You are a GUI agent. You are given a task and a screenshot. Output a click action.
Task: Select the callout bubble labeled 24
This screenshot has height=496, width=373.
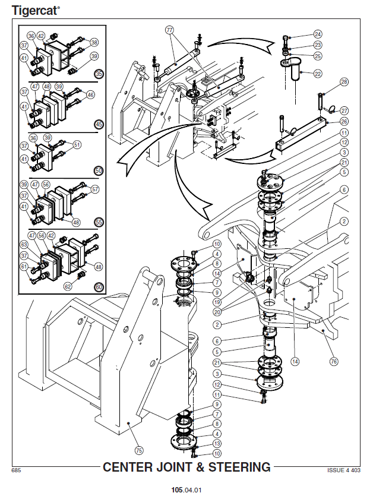pyautogui.click(x=318, y=34)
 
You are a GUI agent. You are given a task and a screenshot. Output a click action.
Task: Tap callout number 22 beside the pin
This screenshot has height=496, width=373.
pyautogui.click(x=318, y=74)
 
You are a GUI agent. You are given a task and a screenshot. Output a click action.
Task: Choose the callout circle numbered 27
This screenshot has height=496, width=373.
pyautogui.click(x=344, y=110)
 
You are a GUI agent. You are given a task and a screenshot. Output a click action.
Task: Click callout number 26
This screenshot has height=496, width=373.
pyautogui.click(x=344, y=122)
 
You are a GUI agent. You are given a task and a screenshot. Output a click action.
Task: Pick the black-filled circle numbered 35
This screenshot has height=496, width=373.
pyautogui.click(x=99, y=74)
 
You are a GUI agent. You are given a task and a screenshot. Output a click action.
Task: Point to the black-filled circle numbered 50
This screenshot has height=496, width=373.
pyautogui.click(x=99, y=170)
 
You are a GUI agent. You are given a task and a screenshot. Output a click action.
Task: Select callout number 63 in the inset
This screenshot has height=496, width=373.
pyautogui.click(x=24, y=244)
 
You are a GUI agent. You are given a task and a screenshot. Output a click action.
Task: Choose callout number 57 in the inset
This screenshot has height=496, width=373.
pyautogui.click(x=96, y=190)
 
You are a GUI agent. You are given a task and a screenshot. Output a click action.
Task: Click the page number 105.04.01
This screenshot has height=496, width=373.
pyautogui.click(x=186, y=490)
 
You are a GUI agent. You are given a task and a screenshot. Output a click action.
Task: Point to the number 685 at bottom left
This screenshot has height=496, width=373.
pyautogui.click(x=17, y=470)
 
